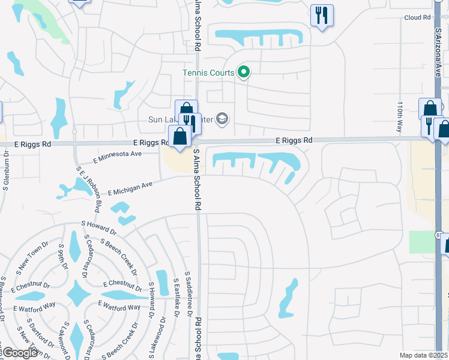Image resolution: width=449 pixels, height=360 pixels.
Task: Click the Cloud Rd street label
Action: [x=418, y=18]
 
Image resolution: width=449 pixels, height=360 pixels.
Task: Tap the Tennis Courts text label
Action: [x=209, y=73]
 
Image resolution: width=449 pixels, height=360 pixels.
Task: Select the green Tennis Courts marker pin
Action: [x=244, y=73]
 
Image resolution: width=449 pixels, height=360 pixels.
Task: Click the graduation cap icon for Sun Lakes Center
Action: [x=222, y=119]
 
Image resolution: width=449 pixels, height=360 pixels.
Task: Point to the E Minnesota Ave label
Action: [x=118, y=157]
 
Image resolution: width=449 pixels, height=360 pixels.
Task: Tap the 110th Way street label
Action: [x=399, y=116]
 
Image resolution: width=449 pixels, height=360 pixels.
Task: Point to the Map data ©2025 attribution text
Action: [x=423, y=355]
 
